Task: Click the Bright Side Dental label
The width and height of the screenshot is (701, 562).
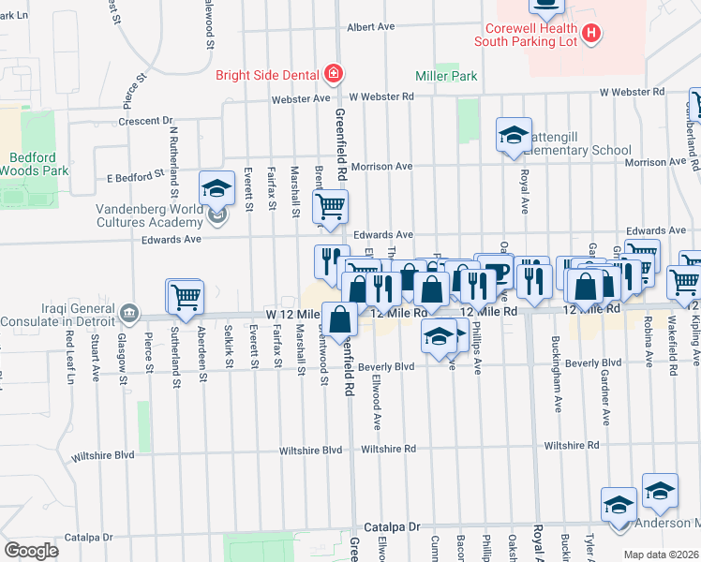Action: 267,75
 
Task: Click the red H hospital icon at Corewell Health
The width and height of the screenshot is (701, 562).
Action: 590,34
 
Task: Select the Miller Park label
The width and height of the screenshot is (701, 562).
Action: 447,76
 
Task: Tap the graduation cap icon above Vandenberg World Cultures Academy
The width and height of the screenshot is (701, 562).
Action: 216,188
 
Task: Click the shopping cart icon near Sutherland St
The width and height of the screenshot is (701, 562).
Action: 185,297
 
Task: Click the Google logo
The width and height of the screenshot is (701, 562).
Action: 31,550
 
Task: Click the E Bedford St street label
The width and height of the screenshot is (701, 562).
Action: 135,175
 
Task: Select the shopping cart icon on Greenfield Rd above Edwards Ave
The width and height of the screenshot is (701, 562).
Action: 330,207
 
